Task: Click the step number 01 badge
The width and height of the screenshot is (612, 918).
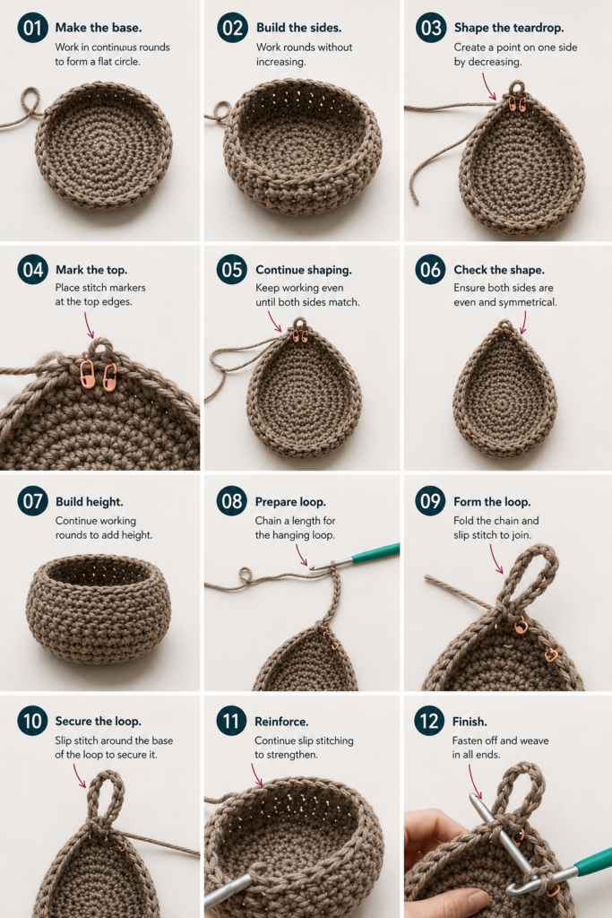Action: (x=33, y=28)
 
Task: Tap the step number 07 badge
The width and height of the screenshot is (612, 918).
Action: (x=33, y=501)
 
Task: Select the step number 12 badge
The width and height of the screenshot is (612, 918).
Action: (x=429, y=721)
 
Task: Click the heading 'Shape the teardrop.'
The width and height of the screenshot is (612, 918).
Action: (x=508, y=28)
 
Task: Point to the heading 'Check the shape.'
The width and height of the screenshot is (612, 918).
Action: (x=499, y=270)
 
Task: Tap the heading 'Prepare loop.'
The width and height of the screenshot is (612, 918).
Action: (x=290, y=502)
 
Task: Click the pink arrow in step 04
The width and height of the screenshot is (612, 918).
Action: (x=89, y=325)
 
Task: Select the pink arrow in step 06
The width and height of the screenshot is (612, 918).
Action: (x=523, y=322)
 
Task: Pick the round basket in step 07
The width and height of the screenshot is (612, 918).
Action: (x=99, y=609)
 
